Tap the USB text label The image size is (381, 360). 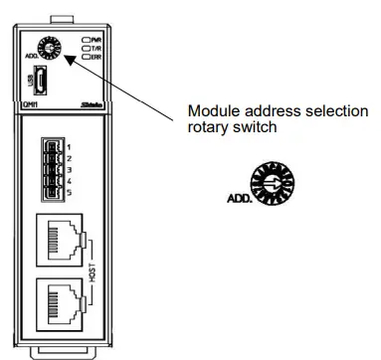tap(28, 79)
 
